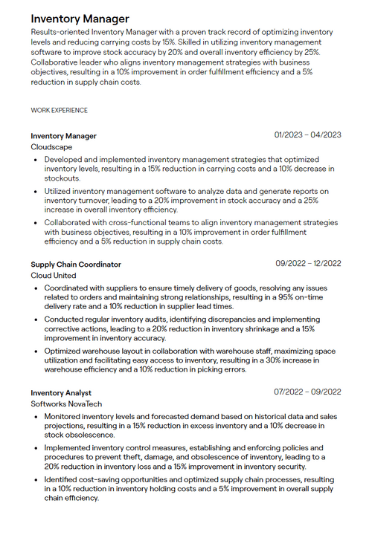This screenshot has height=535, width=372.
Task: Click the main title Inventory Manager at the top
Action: (80, 19)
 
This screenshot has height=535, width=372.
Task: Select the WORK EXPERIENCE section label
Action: (59, 111)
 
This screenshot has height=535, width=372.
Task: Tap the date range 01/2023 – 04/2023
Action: (307, 135)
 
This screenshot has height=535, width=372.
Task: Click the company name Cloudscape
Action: (51, 147)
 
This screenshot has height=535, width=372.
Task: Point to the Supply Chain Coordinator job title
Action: (75, 264)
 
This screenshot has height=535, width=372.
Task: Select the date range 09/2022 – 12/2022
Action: (308, 263)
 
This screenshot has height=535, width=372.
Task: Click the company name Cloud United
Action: (54, 276)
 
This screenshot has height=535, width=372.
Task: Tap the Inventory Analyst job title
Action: (61, 392)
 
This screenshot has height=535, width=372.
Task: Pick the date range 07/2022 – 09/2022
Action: (307, 392)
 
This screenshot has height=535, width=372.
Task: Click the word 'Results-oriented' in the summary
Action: (59, 33)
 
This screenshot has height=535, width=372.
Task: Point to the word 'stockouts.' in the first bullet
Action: (62, 179)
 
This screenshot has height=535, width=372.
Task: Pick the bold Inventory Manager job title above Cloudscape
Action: (63, 136)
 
